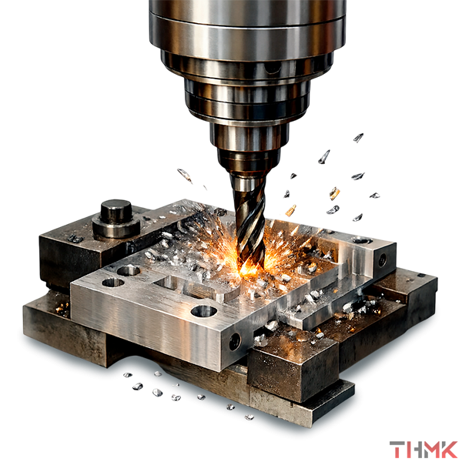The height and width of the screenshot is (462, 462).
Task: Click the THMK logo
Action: coord(423,450)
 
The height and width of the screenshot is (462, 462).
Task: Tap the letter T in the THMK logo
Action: coord(397,450)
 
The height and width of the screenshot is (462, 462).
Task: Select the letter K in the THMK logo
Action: coord(449,450)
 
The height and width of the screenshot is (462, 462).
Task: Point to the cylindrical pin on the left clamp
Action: coord(116,219)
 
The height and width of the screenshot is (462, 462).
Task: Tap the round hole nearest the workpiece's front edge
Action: coord(204,311)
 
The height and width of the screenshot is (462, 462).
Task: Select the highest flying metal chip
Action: coord(358,137)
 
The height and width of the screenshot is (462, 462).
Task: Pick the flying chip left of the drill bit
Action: coord(185,176)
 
